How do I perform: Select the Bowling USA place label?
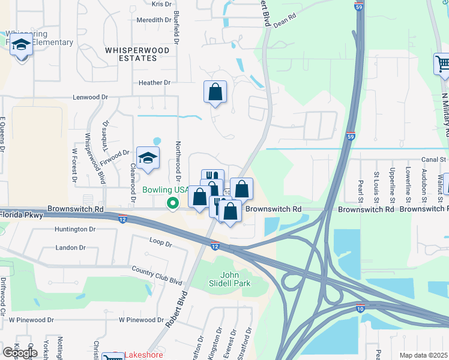tap(165, 190)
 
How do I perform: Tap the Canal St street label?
tap(433, 160)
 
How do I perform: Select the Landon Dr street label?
tap(70, 247)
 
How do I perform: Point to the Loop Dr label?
tap(160, 244)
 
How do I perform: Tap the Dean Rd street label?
tap(285, 20)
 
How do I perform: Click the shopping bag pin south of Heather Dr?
tap(215, 92)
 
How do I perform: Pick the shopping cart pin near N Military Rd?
tap(442, 64)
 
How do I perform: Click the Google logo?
tap(20, 353)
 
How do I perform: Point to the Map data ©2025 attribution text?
tap(424, 355)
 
